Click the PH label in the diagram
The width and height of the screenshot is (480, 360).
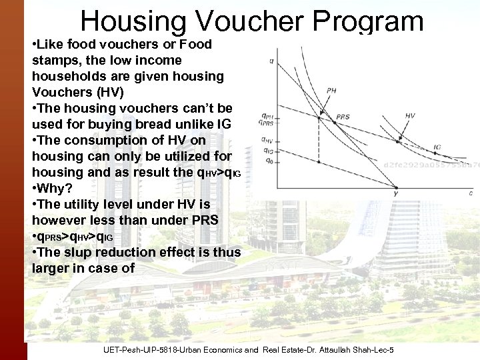click(331, 91)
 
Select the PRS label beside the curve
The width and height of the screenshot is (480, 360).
click(343, 117)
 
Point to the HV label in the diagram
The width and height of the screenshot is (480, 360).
click(409, 115)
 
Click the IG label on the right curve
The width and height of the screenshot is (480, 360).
click(437, 146)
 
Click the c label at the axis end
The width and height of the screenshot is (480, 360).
click(471, 193)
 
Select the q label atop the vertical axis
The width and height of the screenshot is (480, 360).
click(271, 61)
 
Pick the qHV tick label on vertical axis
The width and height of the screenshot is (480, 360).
click(266, 140)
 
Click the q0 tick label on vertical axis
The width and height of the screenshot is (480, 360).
click(267, 161)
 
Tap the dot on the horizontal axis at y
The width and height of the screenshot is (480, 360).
click(396, 186)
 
